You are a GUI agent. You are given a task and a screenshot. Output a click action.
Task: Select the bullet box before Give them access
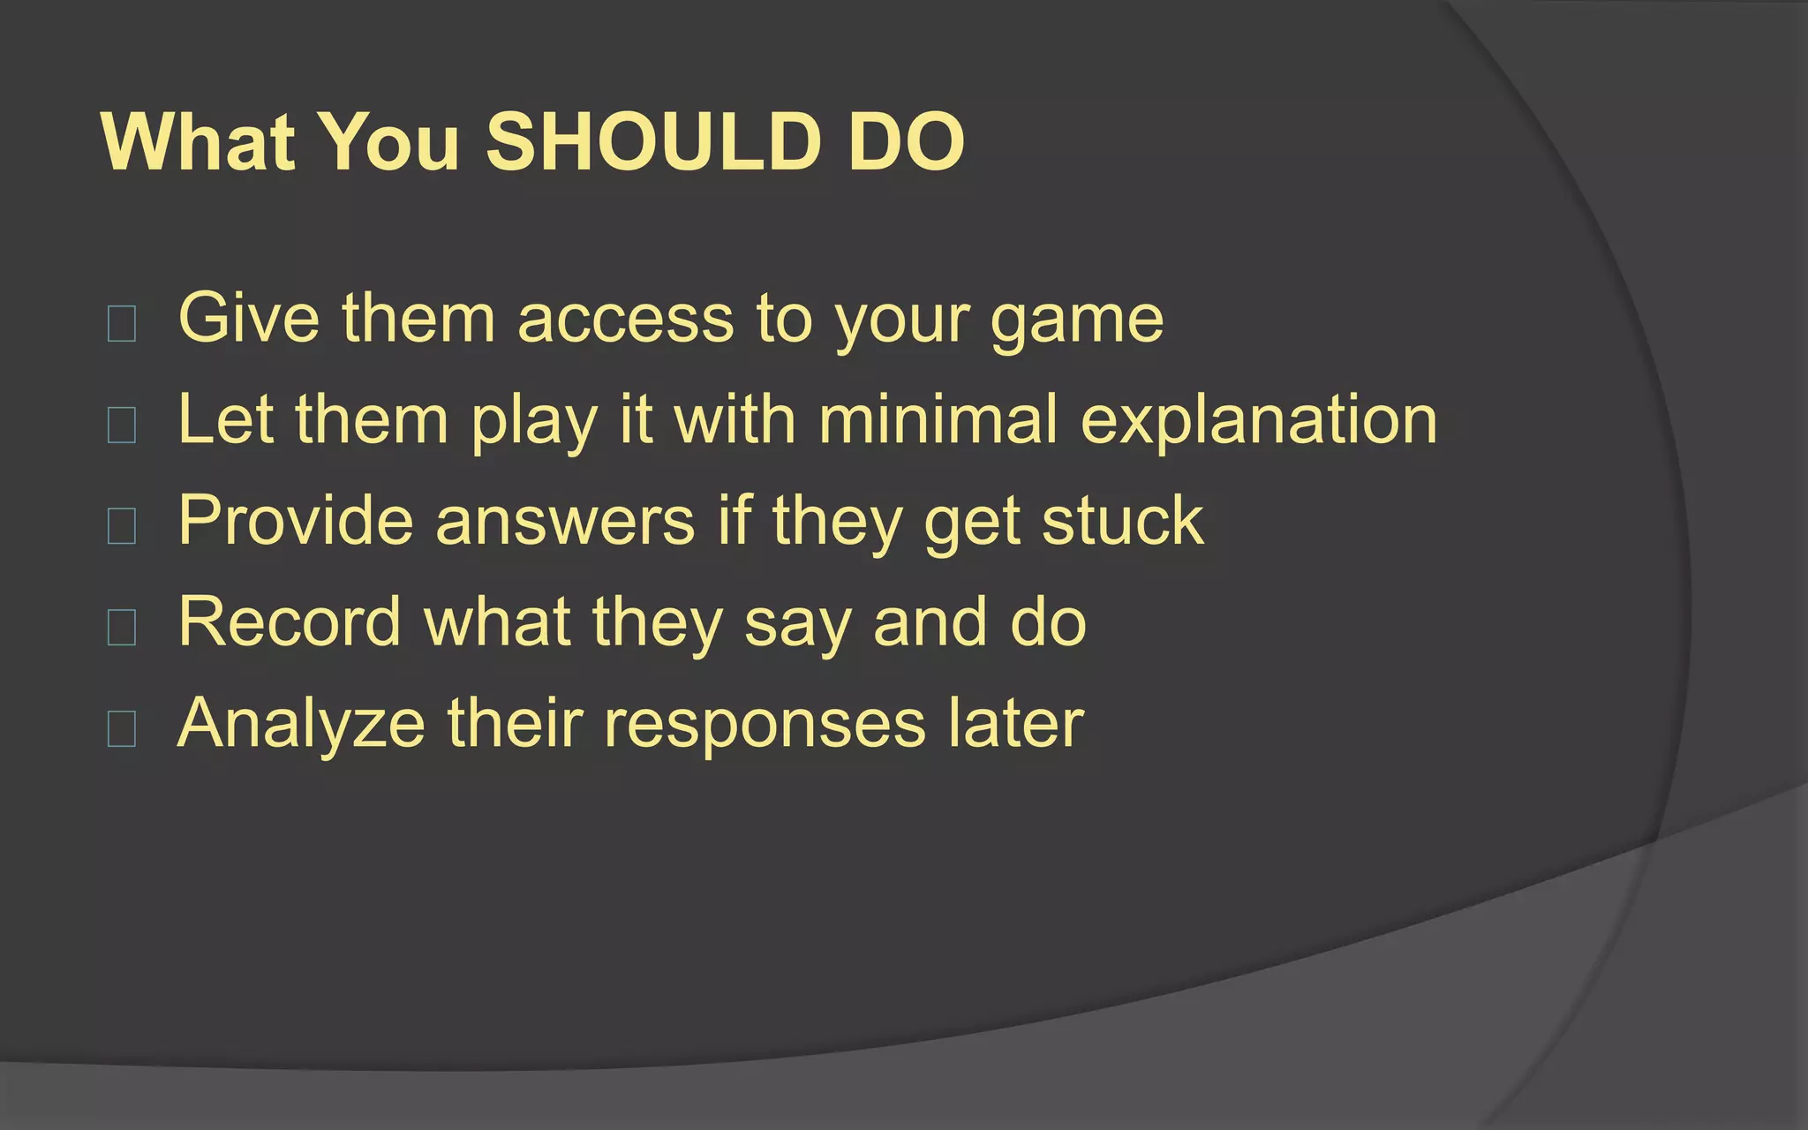coord(121,324)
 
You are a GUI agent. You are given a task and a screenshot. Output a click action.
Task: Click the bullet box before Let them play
coord(121,425)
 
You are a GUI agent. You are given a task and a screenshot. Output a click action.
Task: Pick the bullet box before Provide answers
coord(121,526)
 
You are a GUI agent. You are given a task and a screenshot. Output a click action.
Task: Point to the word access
coord(625,319)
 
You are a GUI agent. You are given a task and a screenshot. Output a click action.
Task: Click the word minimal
coord(938,419)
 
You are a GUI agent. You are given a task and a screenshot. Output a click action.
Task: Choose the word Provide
coord(296,521)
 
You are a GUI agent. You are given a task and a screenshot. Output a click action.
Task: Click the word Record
coord(290,622)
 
